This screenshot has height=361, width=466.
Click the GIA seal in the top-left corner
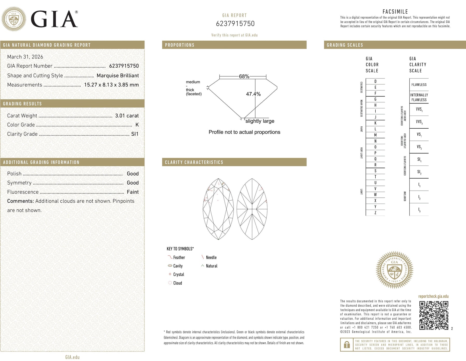click(x=14, y=19)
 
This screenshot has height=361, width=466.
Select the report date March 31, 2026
click(x=25, y=57)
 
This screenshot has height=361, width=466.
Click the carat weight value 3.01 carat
click(x=127, y=116)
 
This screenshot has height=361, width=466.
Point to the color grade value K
click(x=137, y=125)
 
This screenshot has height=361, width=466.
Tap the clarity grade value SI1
click(x=135, y=134)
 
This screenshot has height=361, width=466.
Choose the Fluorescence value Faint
click(x=133, y=192)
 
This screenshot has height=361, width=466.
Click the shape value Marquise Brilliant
click(x=118, y=76)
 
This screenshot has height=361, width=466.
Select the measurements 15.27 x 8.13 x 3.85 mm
click(x=111, y=85)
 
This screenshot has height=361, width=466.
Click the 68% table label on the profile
click(x=244, y=76)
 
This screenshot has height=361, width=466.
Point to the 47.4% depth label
click(x=253, y=94)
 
